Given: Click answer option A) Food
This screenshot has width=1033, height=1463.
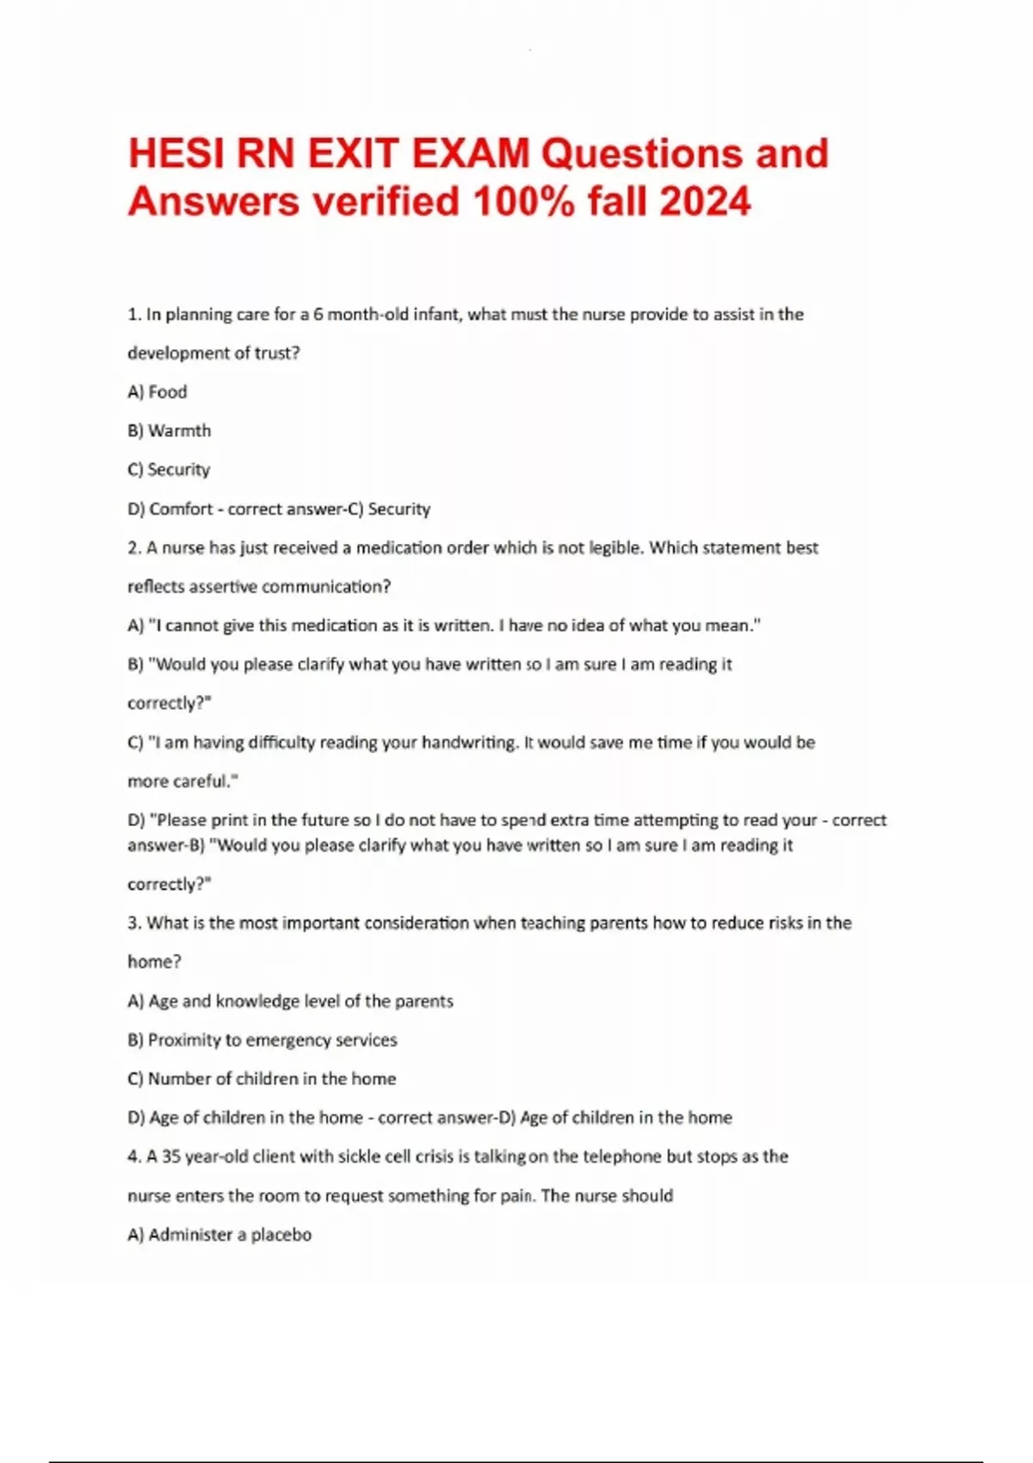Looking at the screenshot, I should [x=157, y=392].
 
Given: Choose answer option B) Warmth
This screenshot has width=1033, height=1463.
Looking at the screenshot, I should [x=169, y=431].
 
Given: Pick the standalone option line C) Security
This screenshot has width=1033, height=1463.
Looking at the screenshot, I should [x=169, y=470].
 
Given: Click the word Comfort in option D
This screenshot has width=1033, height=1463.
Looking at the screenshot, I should [x=181, y=509].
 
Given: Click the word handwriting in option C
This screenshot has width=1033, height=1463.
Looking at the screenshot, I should [x=468, y=743].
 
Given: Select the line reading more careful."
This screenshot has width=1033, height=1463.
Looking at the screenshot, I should [x=182, y=781].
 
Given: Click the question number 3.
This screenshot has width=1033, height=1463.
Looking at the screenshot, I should [x=134, y=923].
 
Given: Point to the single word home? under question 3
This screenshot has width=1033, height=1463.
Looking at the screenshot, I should [x=154, y=962].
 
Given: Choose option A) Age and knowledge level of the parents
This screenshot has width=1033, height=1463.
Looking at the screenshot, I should [x=290, y=1002].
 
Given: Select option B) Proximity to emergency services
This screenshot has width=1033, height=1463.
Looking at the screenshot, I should [x=263, y=1040].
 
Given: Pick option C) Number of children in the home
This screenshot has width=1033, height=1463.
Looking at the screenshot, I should [x=262, y=1079].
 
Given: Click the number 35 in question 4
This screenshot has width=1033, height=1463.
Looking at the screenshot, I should [x=171, y=1157].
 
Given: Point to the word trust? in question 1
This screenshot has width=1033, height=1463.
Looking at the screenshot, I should [x=276, y=354].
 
